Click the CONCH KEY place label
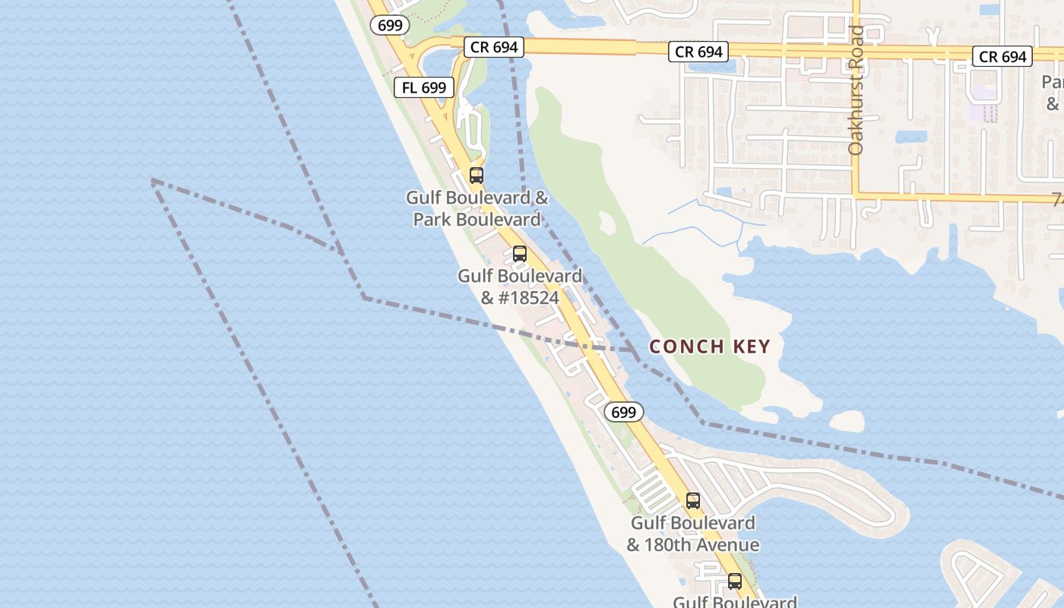point(710,347)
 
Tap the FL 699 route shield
point(424,87)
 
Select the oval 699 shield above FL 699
point(390,25)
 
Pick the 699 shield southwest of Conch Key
point(623,412)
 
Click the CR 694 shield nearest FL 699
point(494,47)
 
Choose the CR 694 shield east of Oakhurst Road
point(1002,56)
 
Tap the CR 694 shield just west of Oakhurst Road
point(698,52)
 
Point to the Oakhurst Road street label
point(857,91)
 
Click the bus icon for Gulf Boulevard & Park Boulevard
point(477,176)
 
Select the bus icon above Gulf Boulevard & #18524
point(520,254)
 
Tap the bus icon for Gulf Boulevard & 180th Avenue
point(693,501)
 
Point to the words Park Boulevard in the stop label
point(477,220)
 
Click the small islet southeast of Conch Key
point(847,421)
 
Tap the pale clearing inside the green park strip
point(607,223)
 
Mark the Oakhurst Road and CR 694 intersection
point(856,50)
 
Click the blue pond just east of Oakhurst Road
point(910,137)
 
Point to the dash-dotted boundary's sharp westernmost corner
point(153,181)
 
